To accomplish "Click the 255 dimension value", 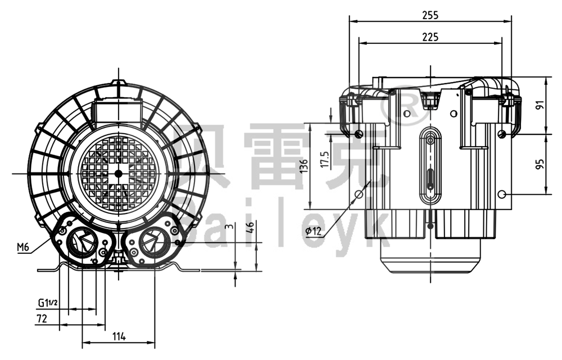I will tap(430, 15).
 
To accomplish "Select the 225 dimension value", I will tap(430, 37).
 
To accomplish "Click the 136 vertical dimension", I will tap(304, 166).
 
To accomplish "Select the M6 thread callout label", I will tap(23, 247).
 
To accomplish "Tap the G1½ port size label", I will tap(48, 303).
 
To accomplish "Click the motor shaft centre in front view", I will tap(119, 173).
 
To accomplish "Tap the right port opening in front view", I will tap(151, 243).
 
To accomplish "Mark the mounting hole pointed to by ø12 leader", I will tap(359, 194).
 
